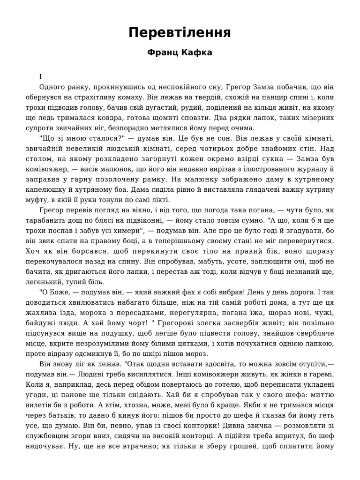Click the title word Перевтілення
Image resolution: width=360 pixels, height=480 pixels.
(x=180, y=33)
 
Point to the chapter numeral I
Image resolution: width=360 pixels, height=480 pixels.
(x=41, y=76)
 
